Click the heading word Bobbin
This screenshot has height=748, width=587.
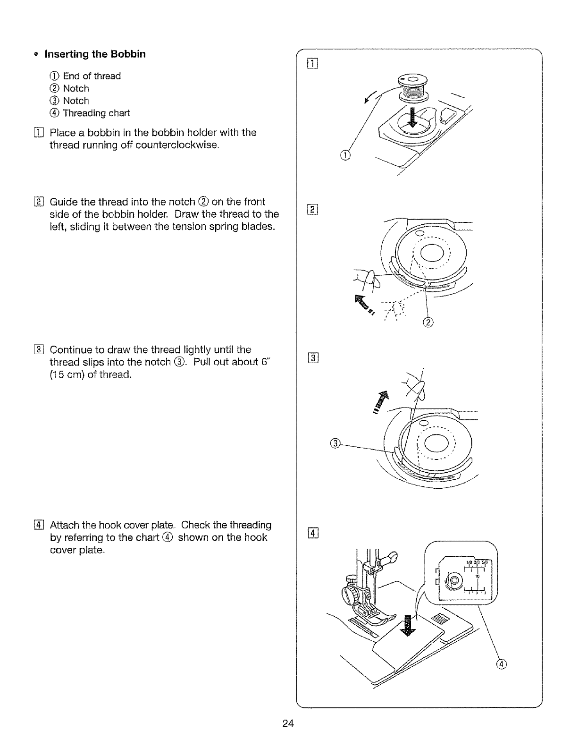coord(128,54)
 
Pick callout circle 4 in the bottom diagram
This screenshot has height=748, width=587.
coord(502,665)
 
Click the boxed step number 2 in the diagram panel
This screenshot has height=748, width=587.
coord(312,210)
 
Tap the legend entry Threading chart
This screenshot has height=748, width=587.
coord(96,113)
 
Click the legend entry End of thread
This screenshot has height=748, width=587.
coord(92,76)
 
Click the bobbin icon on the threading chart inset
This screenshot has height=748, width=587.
coord(454,579)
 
